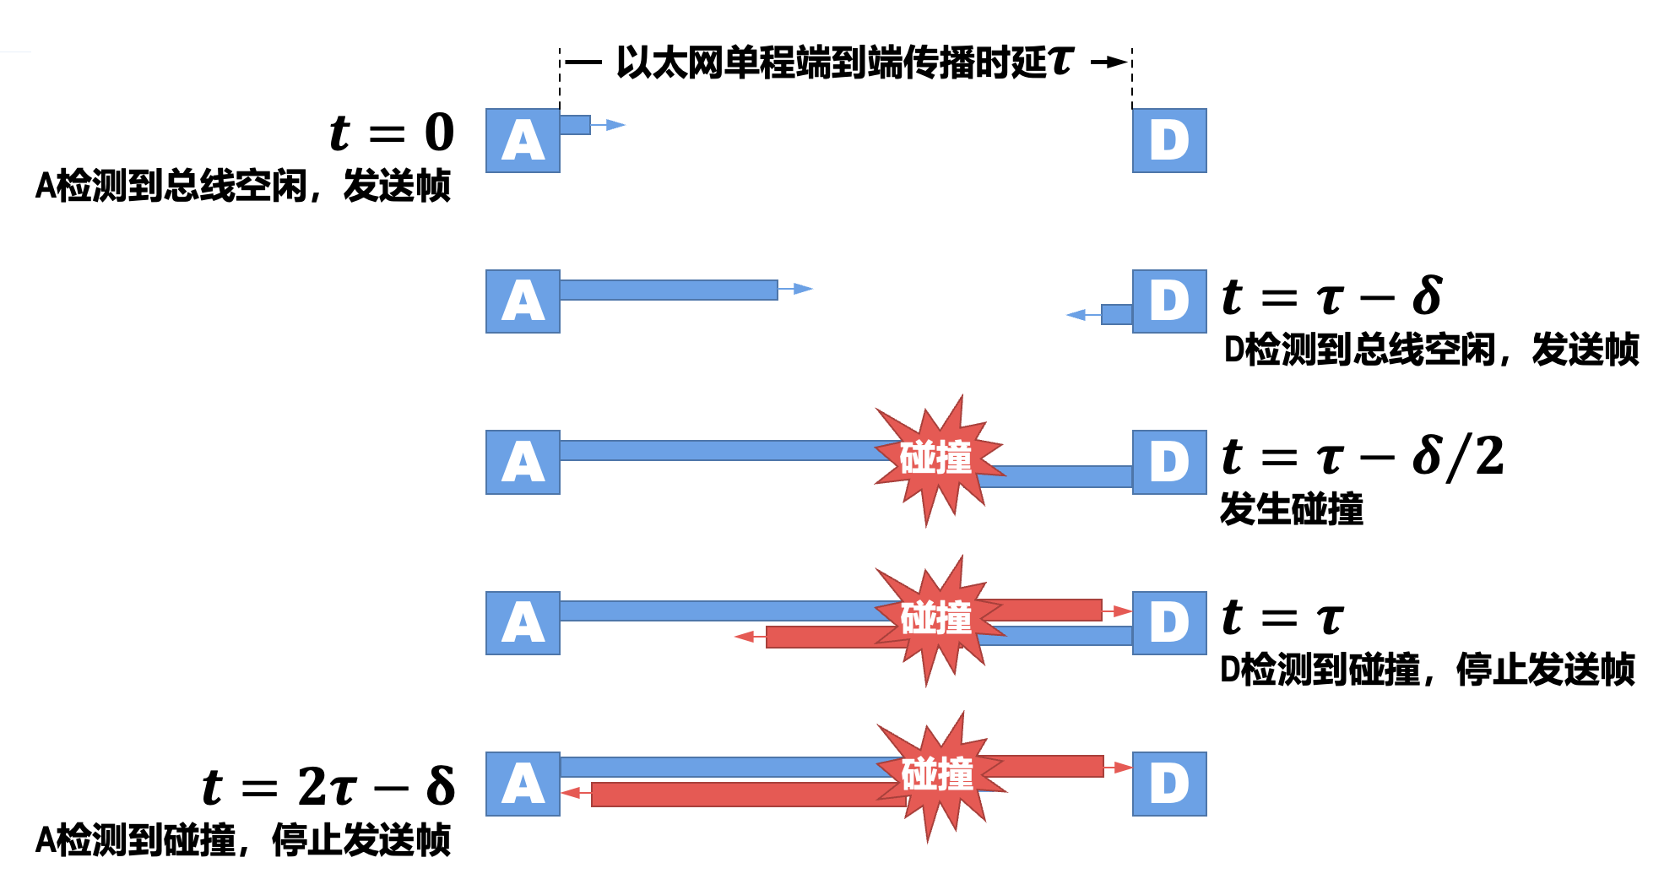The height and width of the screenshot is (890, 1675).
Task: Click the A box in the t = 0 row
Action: (523, 140)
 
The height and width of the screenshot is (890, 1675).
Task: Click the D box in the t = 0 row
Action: (1169, 140)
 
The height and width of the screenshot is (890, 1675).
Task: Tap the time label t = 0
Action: (392, 133)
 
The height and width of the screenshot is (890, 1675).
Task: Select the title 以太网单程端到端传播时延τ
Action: (844, 62)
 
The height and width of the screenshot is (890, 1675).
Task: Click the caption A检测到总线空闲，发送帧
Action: (243, 186)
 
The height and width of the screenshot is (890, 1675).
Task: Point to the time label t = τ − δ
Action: (1332, 296)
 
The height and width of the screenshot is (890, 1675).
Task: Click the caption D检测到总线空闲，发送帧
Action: (1431, 350)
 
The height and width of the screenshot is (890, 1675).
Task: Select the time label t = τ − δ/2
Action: (1363, 457)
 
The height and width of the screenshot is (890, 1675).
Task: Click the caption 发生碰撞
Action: (1292, 509)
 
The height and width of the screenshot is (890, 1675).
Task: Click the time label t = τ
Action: (1282, 617)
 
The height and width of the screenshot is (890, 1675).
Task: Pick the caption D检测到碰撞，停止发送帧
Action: (1428, 670)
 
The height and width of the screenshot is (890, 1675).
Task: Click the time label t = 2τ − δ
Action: (328, 786)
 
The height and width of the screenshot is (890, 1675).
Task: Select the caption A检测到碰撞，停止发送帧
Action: (243, 840)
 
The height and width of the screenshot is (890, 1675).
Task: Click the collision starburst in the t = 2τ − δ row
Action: (937, 775)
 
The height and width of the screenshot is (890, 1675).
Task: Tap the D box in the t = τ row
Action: (1169, 623)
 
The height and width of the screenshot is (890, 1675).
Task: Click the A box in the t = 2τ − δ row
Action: (523, 784)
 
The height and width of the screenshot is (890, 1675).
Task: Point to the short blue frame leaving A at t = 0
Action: (575, 125)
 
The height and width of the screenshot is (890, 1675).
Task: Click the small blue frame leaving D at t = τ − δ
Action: (1116, 314)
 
